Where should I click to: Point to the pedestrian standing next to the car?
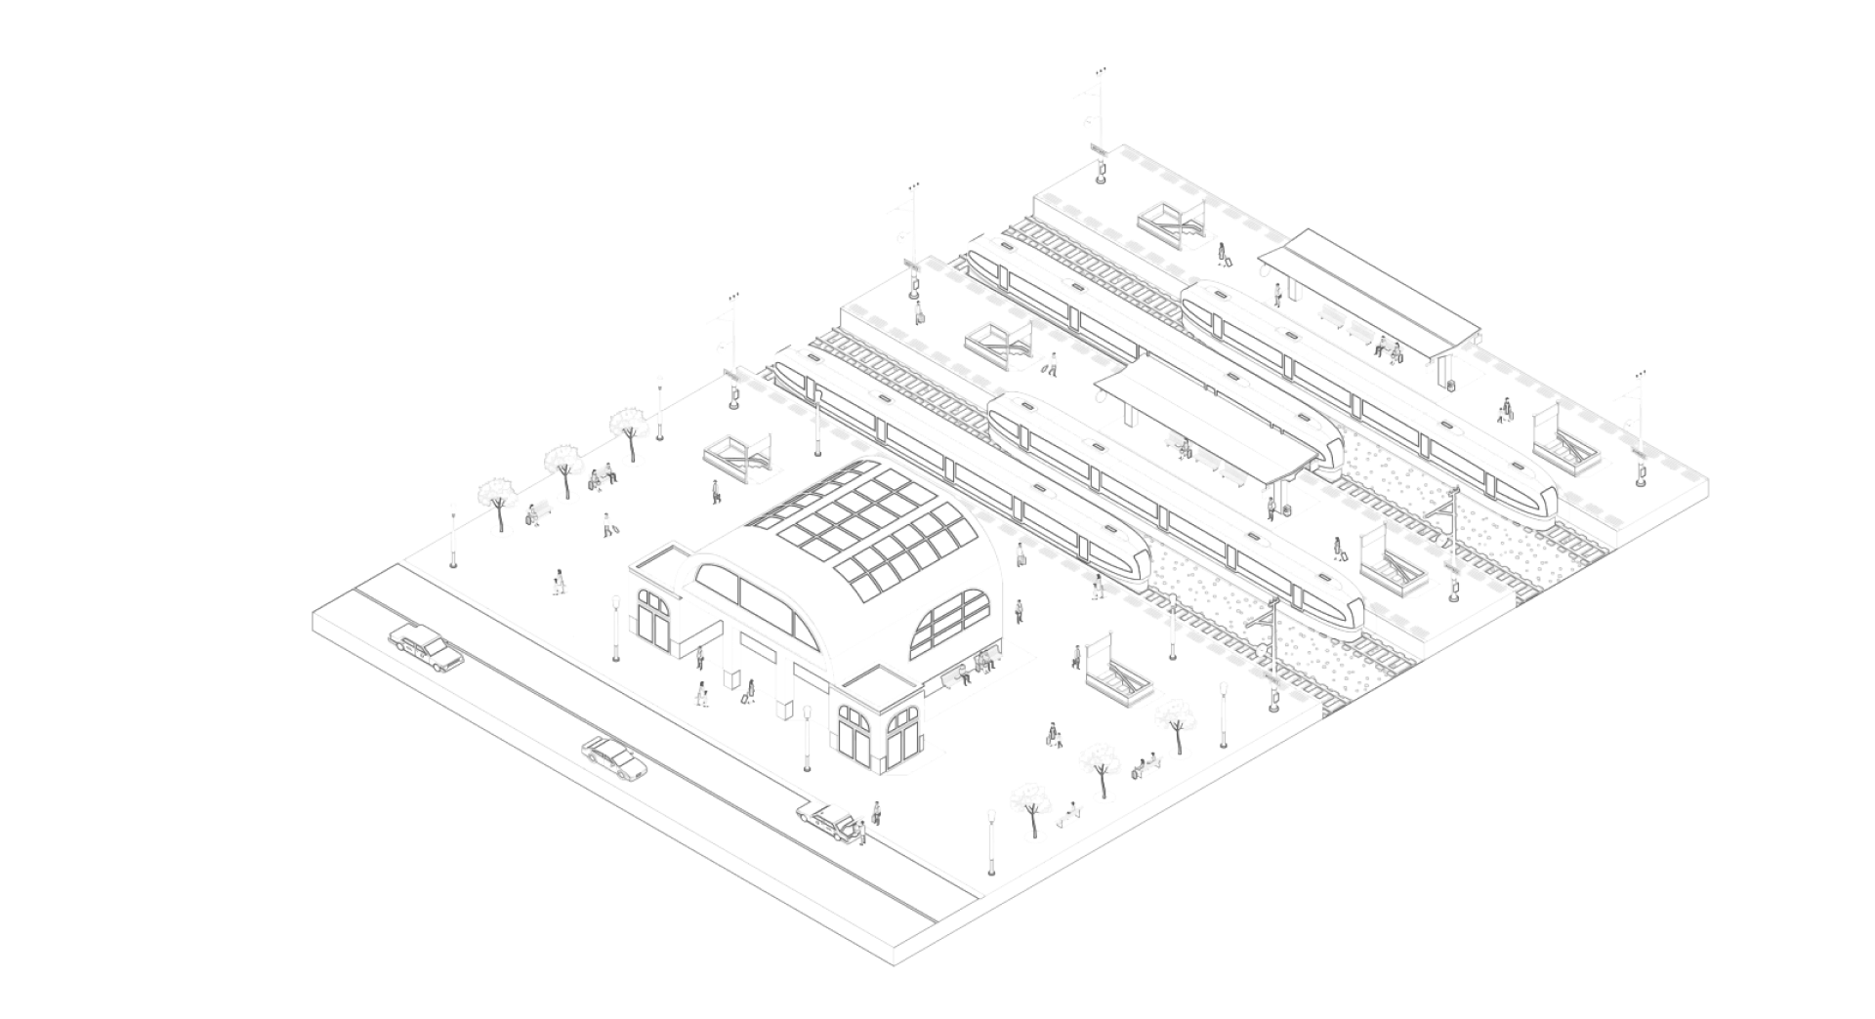coord(876,812)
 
